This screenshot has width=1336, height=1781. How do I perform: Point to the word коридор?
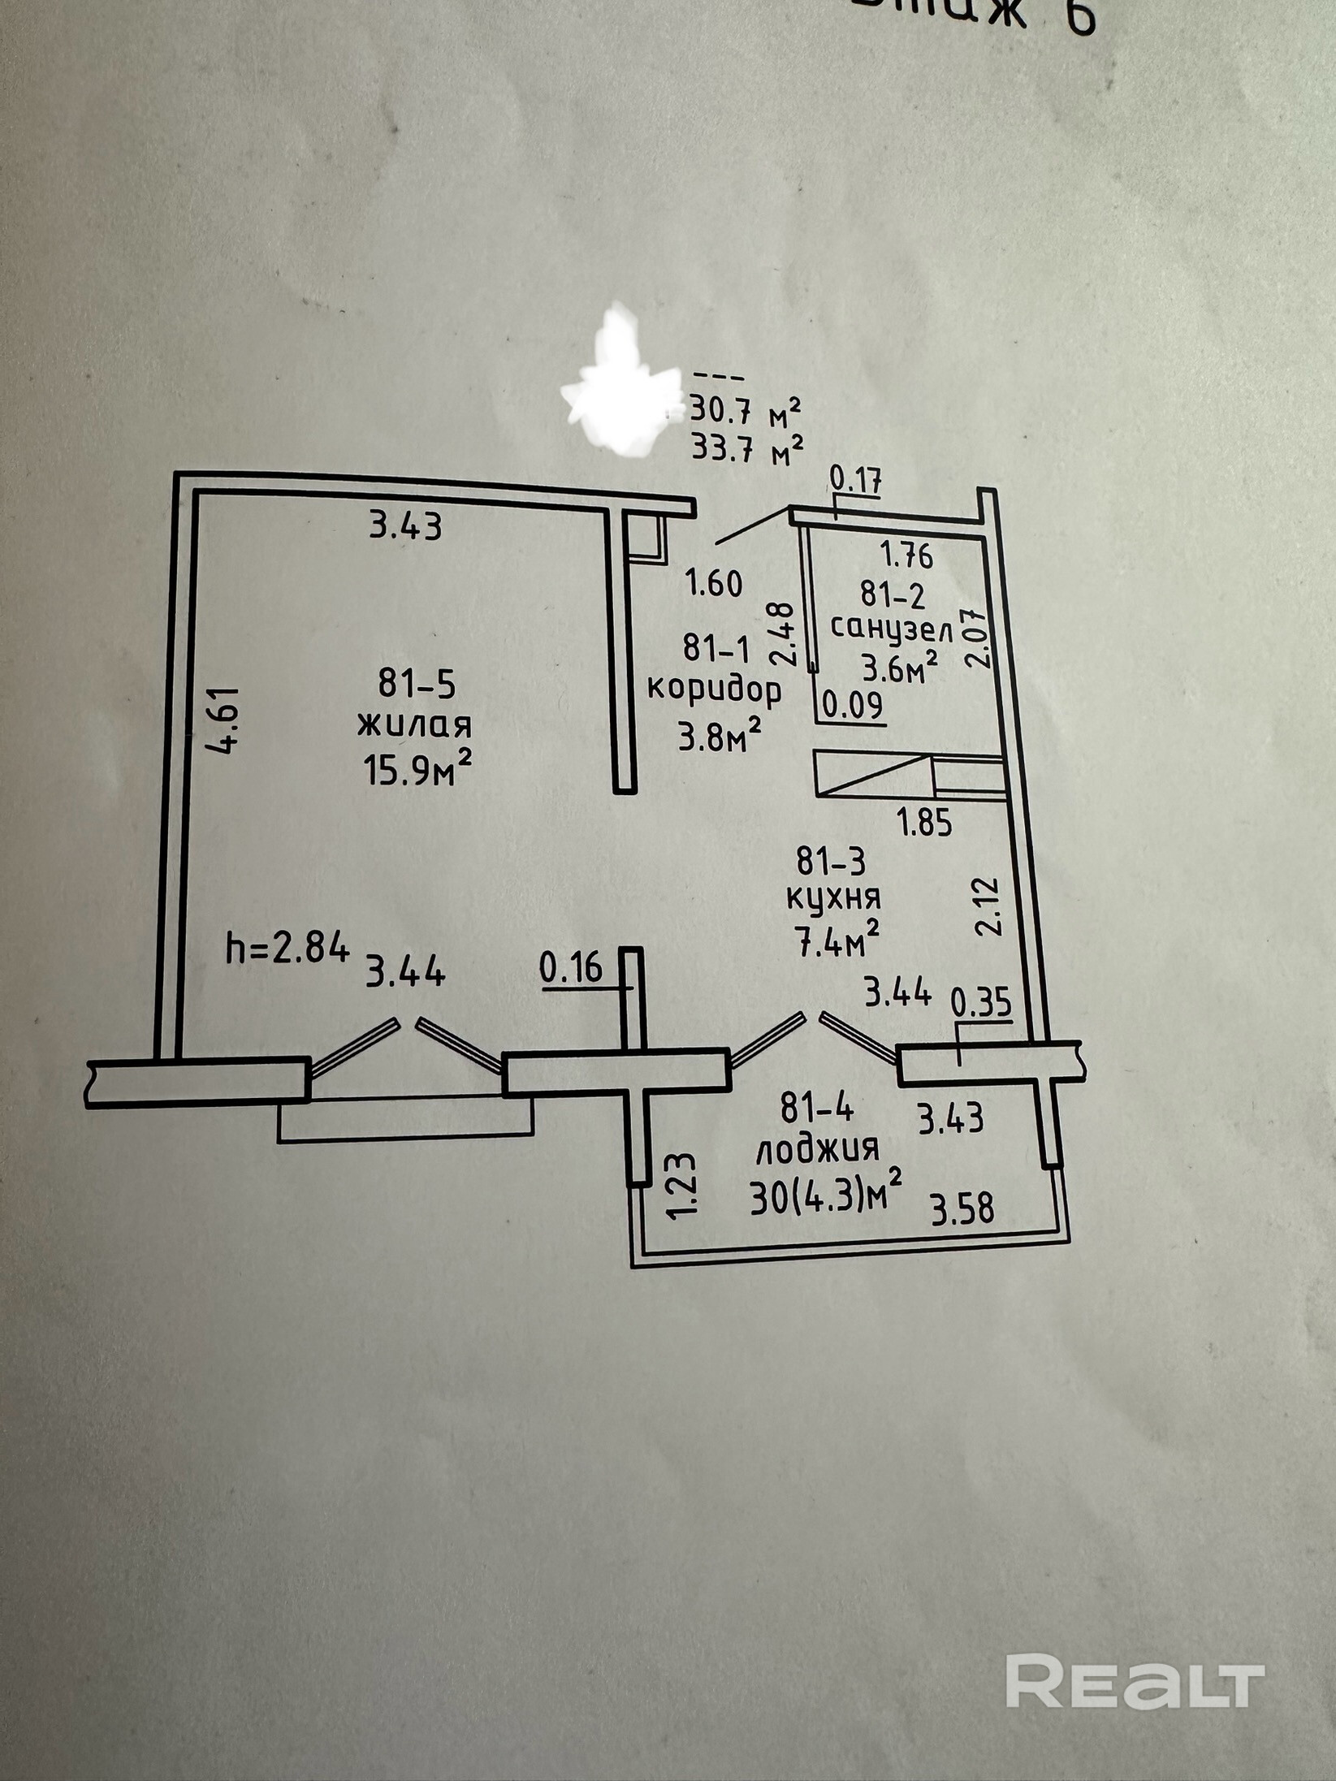[x=714, y=690]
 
